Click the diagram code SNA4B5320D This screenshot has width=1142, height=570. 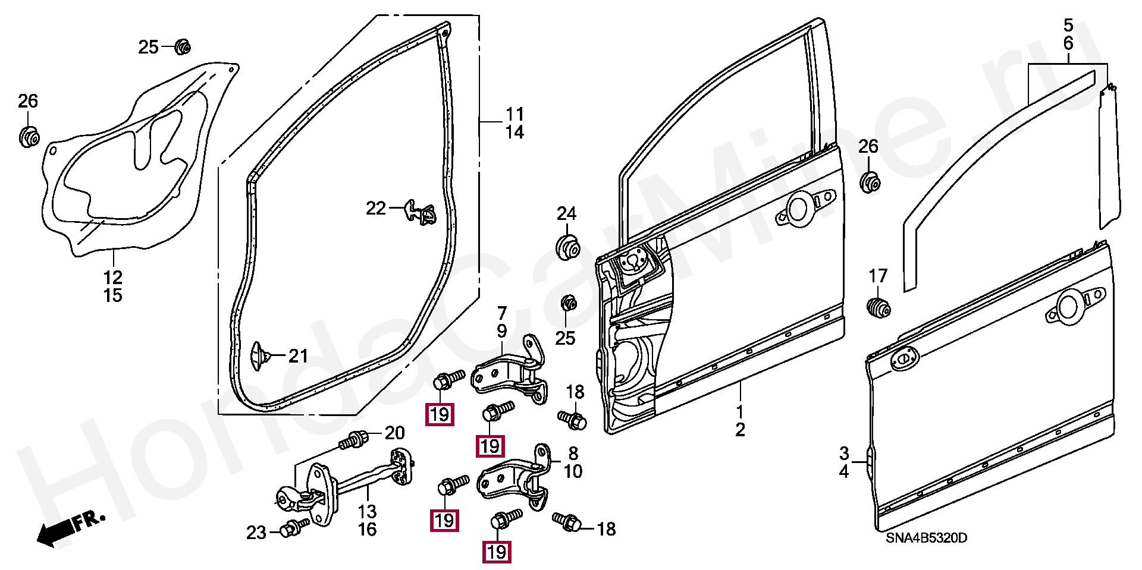(926, 538)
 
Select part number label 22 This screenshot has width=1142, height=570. (376, 208)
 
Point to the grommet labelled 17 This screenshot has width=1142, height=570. (877, 307)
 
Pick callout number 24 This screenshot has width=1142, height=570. (566, 213)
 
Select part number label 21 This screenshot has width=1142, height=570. (299, 356)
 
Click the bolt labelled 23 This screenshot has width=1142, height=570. (294, 528)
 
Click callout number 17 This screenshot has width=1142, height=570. (878, 276)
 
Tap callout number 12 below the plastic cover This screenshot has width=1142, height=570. (113, 277)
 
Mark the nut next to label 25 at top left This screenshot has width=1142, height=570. (183, 46)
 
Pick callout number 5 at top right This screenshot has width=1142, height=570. (1068, 26)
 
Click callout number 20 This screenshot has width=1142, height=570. (394, 433)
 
